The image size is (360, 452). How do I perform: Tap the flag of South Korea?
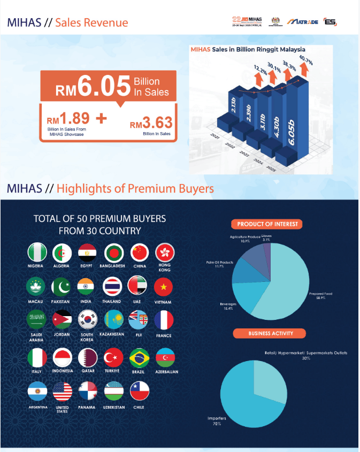pyautogui.click(x=87, y=320)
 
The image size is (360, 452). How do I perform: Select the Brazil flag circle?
pyautogui.click(x=139, y=357)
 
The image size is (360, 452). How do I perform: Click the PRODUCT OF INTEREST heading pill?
pyautogui.click(x=267, y=224)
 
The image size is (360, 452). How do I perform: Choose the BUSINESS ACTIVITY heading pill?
pyautogui.click(x=270, y=333)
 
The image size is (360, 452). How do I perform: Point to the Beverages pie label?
pyautogui.click(x=228, y=306)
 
